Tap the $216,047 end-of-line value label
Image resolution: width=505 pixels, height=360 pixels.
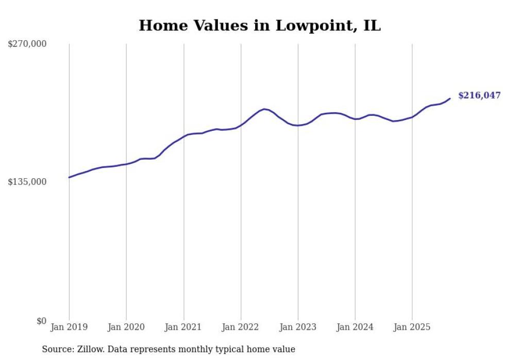tap(479, 95)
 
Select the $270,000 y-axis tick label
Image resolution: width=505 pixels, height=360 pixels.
tap(27, 44)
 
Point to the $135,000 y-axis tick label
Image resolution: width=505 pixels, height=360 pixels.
tap(27, 182)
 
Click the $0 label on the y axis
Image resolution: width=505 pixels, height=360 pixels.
tap(41, 321)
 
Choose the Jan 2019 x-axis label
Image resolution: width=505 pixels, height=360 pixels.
tap(69, 327)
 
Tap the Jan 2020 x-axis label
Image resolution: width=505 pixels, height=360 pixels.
tap(126, 327)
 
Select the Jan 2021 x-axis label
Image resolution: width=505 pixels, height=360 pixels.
tap(183, 327)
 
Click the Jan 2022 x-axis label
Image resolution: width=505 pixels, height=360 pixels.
tap(241, 327)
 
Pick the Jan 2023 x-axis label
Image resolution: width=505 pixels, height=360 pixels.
tap(298, 327)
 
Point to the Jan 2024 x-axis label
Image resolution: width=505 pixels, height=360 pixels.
tap(355, 327)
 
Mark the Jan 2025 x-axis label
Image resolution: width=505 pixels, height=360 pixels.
tap(412, 327)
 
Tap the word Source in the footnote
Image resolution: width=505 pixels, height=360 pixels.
tap(57, 349)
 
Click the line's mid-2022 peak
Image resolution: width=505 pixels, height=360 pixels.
tap(264, 109)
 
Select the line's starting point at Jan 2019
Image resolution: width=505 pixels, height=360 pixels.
tap(69, 177)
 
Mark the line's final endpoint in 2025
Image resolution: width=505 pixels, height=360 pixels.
tap(450, 98)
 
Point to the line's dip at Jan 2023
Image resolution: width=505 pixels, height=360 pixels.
tap(298, 125)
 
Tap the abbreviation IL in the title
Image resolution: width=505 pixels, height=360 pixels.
tap(372, 25)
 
